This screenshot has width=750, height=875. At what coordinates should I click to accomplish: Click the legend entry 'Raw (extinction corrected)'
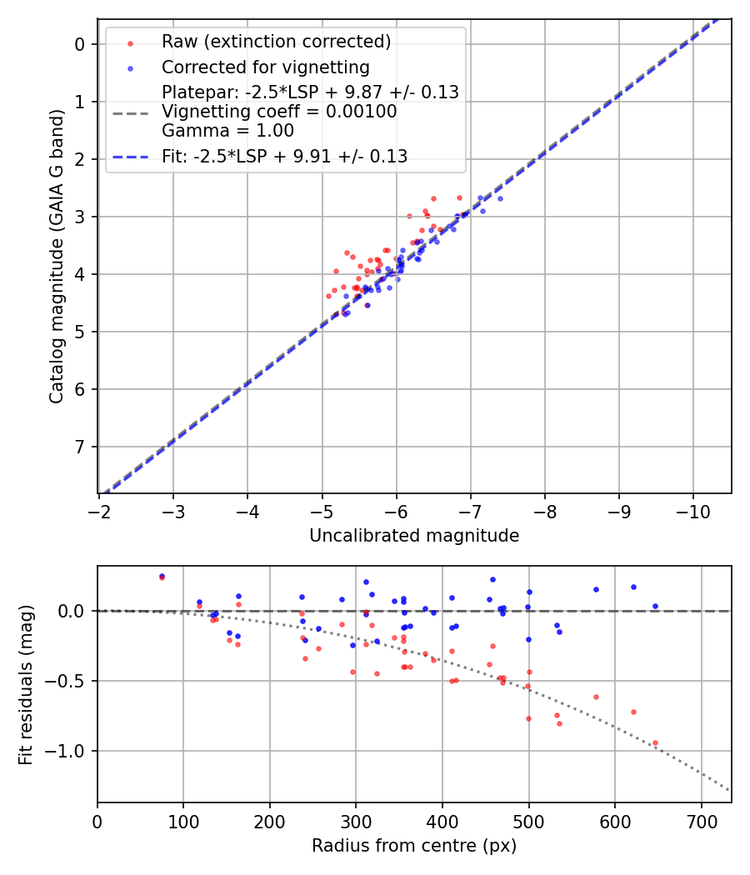276,42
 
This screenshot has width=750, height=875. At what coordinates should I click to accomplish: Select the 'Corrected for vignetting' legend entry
264,67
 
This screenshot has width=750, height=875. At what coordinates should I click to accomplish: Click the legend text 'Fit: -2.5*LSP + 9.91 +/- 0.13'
284,157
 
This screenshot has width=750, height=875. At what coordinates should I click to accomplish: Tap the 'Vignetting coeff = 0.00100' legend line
279,112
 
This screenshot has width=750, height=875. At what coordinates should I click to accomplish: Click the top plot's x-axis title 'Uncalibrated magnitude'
414,536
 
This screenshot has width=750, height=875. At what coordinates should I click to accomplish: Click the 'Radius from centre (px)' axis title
414,846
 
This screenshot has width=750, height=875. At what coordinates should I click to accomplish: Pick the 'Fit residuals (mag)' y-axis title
27,684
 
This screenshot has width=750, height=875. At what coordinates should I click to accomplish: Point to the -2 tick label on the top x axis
99,511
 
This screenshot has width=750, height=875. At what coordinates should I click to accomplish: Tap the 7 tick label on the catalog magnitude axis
81,447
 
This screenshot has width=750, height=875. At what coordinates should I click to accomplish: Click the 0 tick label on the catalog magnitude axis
81,44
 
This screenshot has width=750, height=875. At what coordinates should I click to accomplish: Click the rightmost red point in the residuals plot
655,742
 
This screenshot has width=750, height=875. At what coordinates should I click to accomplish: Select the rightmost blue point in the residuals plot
655,606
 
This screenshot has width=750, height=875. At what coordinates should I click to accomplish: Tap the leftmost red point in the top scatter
328,296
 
